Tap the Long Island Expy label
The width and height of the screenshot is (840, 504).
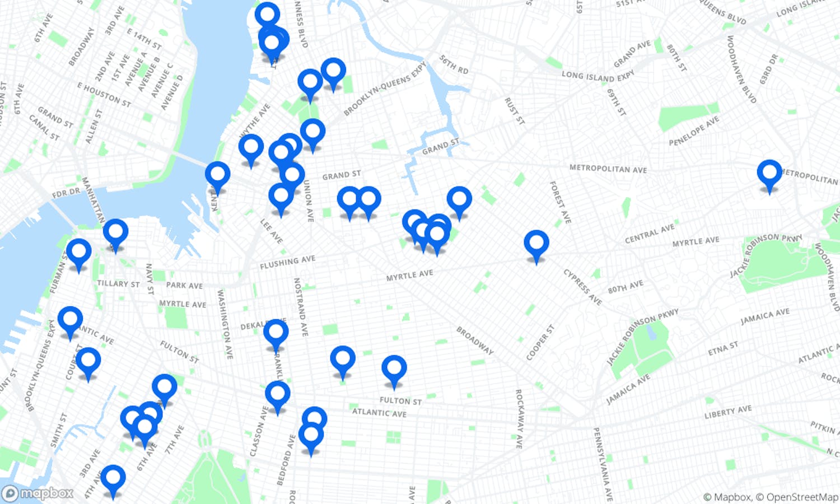pyautogui.click(x=598, y=75)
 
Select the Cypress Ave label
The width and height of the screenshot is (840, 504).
pyautogui.click(x=582, y=287)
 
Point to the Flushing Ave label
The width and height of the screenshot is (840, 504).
pyautogui.click(x=287, y=262)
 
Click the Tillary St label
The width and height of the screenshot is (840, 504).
pyautogui.click(x=118, y=284)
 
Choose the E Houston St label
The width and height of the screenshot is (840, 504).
pyautogui.click(x=104, y=95)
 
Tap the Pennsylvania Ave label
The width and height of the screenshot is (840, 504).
pyautogui.click(x=601, y=464)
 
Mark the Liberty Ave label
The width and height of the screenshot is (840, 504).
pyautogui.click(x=727, y=412)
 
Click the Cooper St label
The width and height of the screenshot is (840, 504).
pyautogui.click(x=540, y=342)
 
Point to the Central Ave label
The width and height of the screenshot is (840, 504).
pyautogui.click(x=650, y=233)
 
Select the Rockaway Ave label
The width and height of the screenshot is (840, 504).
pyautogui.click(x=519, y=419)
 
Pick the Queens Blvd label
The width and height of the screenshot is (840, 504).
pyautogui.click(x=723, y=12)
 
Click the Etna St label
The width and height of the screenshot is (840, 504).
pyautogui.click(x=723, y=349)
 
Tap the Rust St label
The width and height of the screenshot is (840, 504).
pyautogui.click(x=514, y=111)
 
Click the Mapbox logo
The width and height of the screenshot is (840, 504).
pyautogui.click(x=38, y=493)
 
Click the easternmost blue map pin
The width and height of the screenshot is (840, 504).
pyautogui.click(x=769, y=172)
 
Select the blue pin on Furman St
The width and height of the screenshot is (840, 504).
pyautogui.click(x=78, y=252)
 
